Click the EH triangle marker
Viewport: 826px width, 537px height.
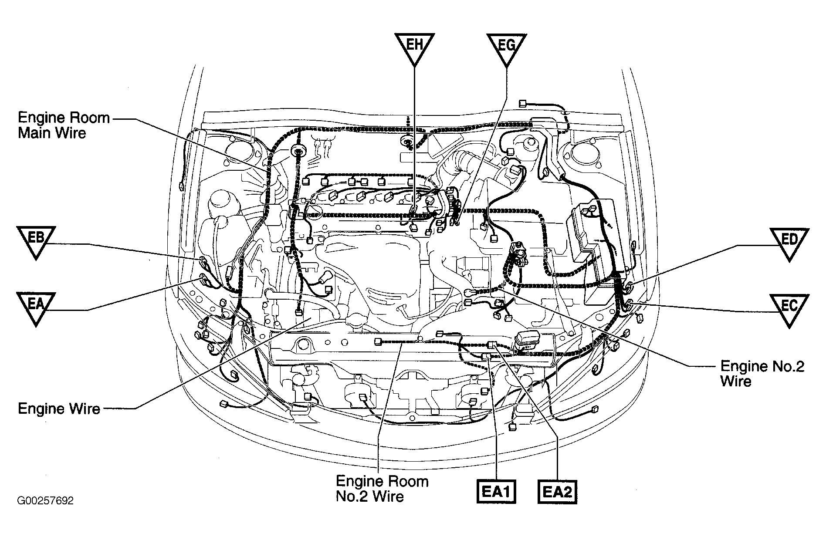click(414, 47)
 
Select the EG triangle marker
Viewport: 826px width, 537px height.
click(506, 47)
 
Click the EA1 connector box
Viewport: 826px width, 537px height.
click(496, 491)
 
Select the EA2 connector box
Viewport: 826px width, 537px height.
click(557, 491)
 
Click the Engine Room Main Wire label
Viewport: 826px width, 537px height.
click(63, 125)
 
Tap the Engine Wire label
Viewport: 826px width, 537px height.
click(59, 409)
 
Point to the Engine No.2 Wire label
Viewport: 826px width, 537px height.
click(762, 373)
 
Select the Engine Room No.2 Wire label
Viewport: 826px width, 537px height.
click(382, 489)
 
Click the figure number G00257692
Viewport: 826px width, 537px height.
click(45, 501)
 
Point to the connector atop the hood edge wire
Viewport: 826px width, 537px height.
click(523, 104)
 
